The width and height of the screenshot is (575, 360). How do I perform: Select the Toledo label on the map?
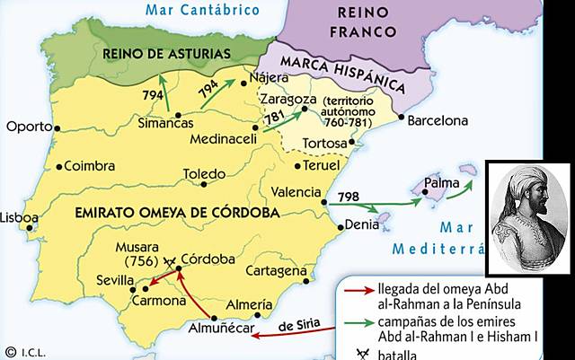click(x=204, y=173)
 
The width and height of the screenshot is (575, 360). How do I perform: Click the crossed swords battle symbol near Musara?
click(x=171, y=261)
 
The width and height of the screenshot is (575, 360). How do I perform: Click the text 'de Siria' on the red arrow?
click(x=299, y=325)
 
